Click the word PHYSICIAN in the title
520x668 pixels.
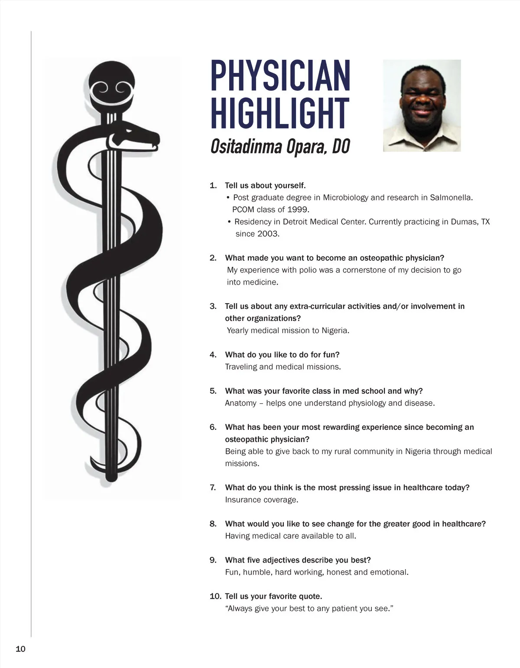(280, 76)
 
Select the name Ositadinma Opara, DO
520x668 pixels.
(280, 147)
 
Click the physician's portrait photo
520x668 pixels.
(422, 105)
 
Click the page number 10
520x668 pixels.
(20, 649)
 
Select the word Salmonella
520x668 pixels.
(451, 197)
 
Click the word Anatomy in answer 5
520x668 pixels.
(240, 403)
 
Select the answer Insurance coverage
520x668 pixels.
(262, 500)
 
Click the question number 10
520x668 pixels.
(215, 596)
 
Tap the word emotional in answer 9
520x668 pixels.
(389, 572)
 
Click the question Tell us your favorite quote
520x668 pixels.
(273, 596)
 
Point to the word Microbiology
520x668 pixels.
(345, 197)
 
